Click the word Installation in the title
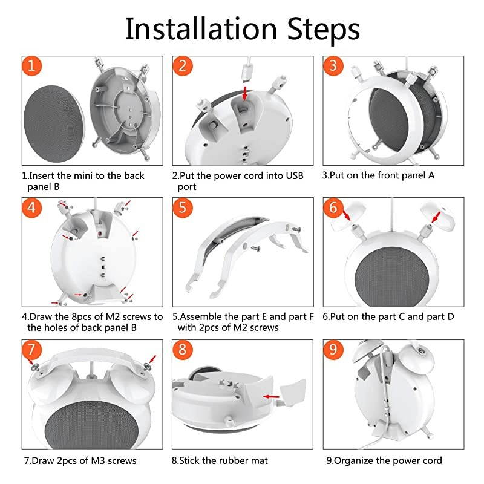point(201,28)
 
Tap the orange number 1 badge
point(32,66)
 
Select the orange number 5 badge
point(183,207)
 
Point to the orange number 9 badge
point(333,349)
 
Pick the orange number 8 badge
point(183,349)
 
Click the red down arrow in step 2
point(245,93)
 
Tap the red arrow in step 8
point(271,397)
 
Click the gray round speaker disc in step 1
point(54,123)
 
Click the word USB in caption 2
point(294,175)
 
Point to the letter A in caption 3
point(431,175)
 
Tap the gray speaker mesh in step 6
point(392,276)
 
